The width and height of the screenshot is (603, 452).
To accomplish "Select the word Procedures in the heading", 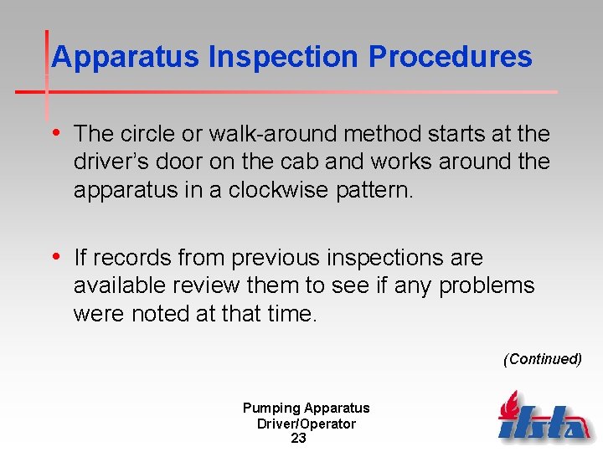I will pyautogui.click(x=450, y=57).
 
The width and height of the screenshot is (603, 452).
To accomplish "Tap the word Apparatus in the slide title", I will pyautogui.click(x=126, y=57).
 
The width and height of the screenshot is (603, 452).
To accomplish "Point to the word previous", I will pyautogui.click(x=276, y=258).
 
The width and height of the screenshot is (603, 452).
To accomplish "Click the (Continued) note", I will pyautogui.click(x=542, y=359).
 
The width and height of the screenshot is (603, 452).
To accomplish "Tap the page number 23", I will pyautogui.click(x=298, y=438).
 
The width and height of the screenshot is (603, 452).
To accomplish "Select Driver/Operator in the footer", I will pyautogui.click(x=306, y=424).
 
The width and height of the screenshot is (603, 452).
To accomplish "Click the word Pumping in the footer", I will pyautogui.click(x=271, y=408).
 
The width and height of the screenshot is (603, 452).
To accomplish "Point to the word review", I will pyautogui.click(x=208, y=286).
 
